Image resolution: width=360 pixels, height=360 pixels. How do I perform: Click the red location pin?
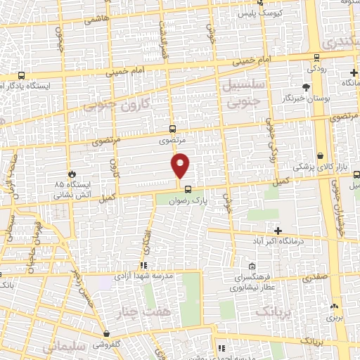pyautogui.click(x=181, y=165)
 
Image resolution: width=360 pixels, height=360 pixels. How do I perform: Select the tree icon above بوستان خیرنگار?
pyautogui.click(x=306, y=87)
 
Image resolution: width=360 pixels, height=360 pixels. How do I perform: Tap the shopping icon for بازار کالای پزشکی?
pyautogui.click(x=320, y=155)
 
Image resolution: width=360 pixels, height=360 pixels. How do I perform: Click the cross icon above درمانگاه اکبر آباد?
pyautogui.click(x=278, y=231)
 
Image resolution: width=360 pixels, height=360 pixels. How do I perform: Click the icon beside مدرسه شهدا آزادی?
pyautogui.click(x=143, y=266)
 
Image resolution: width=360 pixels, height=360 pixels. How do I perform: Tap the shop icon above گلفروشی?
pyautogui.click(x=106, y=333)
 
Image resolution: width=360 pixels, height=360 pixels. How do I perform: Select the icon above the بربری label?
pyautogui.click(x=333, y=307)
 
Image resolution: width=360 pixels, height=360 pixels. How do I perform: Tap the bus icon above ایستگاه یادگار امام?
pyautogui.click(x=21, y=75)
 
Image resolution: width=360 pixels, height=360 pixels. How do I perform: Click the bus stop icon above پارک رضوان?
pyautogui.click(x=188, y=188)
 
